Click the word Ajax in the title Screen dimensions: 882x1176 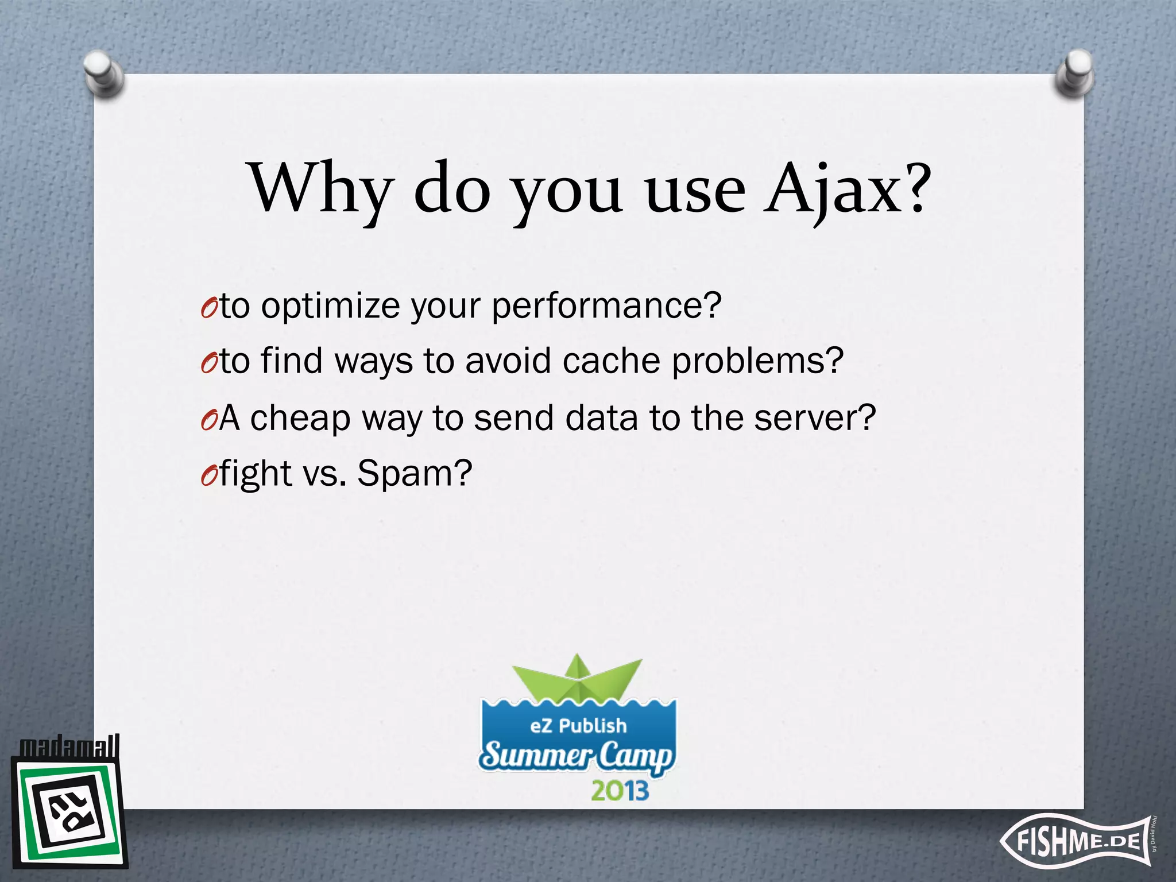[x=844, y=189]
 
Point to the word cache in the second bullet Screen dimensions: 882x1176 [x=610, y=361]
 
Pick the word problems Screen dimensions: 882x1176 [x=757, y=361]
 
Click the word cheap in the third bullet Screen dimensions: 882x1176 [x=300, y=418]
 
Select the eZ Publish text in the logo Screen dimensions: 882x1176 [x=578, y=726]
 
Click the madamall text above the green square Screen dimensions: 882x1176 [x=69, y=747]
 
